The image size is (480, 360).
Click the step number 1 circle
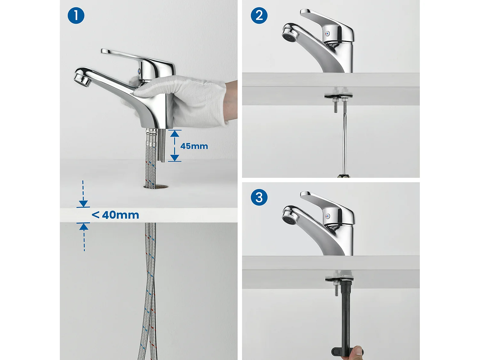tap(76, 15)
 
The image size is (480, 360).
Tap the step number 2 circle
tap(259, 15)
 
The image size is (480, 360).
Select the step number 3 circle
tap(259, 197)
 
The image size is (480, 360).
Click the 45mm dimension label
tap(194, 146)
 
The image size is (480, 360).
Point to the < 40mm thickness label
tap(115, 215)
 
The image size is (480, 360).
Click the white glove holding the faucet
tap(181, 100)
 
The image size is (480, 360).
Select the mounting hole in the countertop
tap(156, 187)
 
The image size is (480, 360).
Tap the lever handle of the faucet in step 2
tap(327, 24)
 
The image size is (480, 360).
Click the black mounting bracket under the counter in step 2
tap(339, 96)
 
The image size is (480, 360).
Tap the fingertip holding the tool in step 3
tap(356, 352)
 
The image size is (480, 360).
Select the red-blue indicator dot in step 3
tap(327, 216)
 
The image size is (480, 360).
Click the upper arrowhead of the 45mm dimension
tap(174, 133)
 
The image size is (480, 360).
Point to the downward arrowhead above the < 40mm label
tap(83, 204)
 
